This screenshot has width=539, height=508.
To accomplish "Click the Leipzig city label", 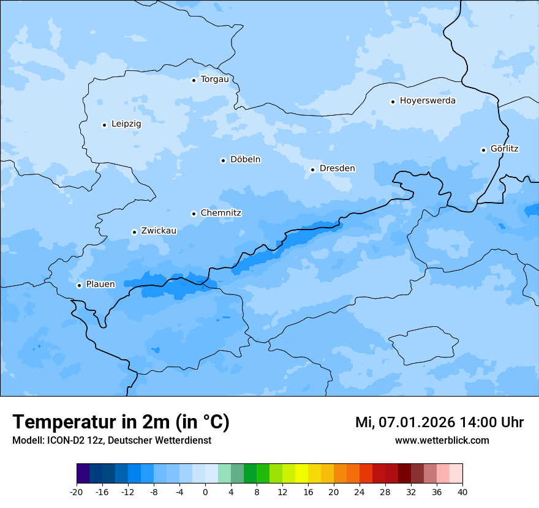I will [126, 124].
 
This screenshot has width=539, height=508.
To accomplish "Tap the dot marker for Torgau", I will [194, 80].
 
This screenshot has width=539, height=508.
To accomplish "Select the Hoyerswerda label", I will [428, 100].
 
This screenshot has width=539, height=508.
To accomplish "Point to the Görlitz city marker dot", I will [483, 150].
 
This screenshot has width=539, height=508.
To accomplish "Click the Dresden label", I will [337, 168].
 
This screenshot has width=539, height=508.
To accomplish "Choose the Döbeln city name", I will [245, 159].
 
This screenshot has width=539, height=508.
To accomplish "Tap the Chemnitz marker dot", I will [194, 214].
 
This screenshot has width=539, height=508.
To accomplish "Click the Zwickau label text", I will [159, 231].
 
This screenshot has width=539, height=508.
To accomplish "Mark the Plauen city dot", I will [79, 285].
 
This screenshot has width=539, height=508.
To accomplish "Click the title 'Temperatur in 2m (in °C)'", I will [121, 422].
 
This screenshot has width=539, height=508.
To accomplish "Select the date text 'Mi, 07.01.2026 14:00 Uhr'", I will [439, 422].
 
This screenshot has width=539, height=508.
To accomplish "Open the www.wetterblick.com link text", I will [442, 440].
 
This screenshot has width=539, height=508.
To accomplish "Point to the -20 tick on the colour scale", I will [77, 491].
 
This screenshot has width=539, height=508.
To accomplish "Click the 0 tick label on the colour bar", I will [205, 491].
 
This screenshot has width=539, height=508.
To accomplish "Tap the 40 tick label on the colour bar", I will [462, 491].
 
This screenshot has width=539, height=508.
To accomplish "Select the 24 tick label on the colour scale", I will [360, 491].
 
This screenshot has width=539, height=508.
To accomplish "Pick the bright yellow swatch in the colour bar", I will [301, 474].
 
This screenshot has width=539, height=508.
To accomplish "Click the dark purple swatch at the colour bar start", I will [83, 474].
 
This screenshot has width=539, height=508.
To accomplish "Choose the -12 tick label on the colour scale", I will [128, 491].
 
